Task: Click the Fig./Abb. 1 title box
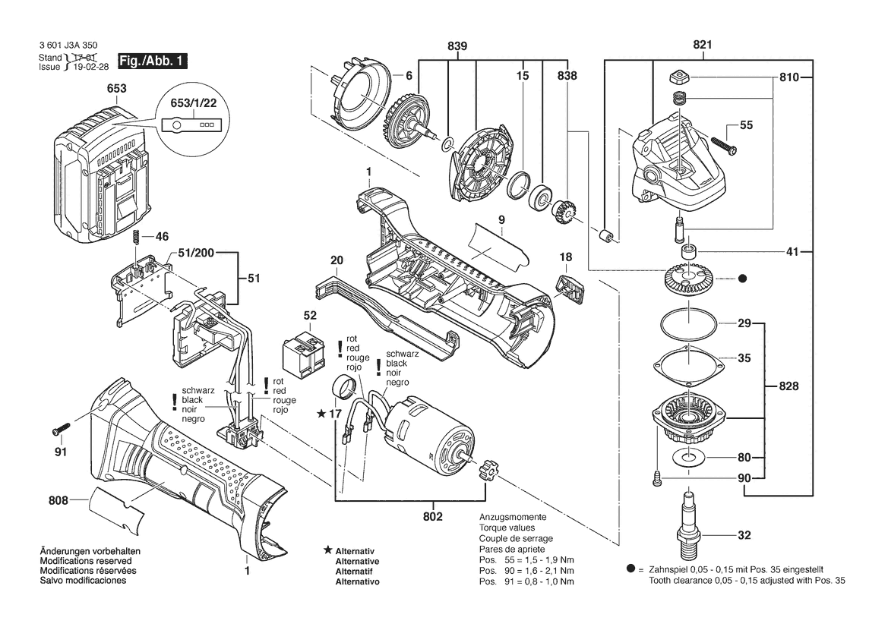click(152, 61)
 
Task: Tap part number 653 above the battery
click(116, 90)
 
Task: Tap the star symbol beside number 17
click(322, 414)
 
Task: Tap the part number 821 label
click(703, 45)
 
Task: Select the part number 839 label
click(457, 46)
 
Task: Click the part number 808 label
click(58, 500)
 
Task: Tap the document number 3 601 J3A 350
click(67, 46)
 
